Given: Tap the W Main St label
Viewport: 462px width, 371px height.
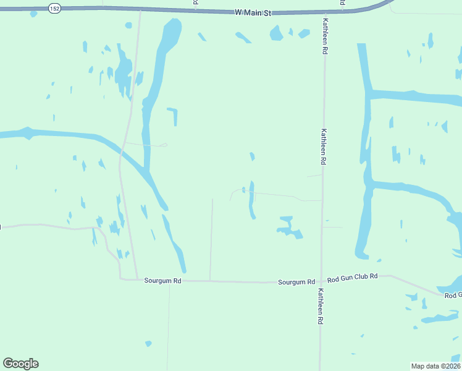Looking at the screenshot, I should point(253,12).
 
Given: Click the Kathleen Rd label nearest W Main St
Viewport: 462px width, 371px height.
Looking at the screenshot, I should point(324,36).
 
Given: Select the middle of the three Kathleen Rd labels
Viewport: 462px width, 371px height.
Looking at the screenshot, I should point(323,146).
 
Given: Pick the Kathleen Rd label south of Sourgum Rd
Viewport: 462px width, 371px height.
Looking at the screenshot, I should point(320,307).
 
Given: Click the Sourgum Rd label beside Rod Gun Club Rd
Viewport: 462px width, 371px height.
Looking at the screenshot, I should point(296,281).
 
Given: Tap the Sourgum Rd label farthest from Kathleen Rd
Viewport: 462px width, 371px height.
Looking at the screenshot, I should point(162,280).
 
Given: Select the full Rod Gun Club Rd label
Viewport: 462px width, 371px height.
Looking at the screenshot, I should point(352,278).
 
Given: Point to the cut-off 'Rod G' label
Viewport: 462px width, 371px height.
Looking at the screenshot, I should point(453,296).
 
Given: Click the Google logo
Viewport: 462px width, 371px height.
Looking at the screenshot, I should point(20,364).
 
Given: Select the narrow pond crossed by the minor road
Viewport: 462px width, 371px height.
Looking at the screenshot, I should point(251,199).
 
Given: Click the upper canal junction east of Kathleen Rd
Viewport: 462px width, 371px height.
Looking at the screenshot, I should point(368,95).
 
